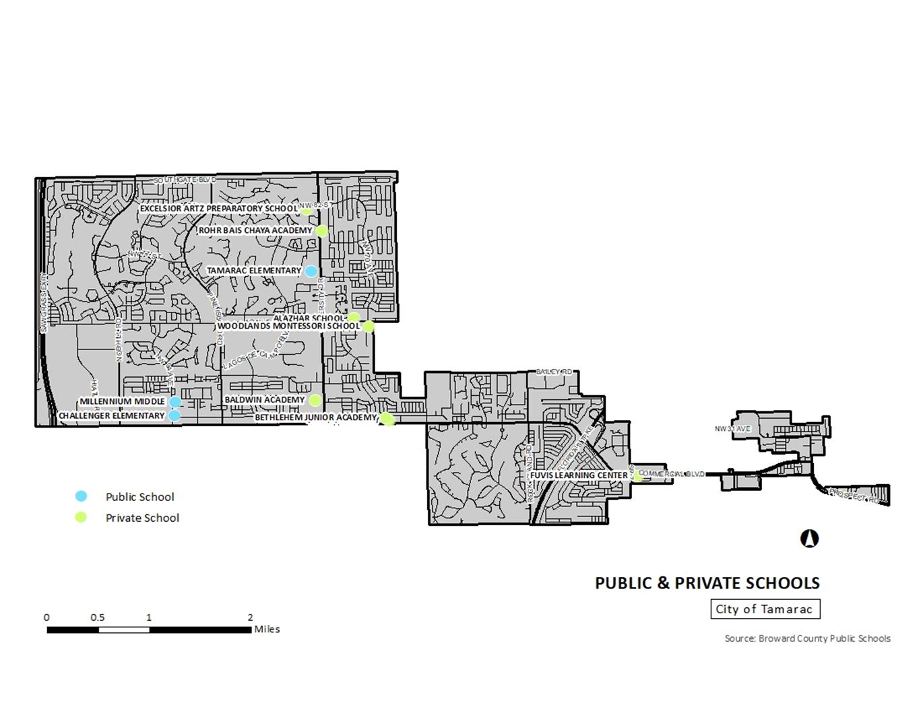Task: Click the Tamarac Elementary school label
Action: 254,271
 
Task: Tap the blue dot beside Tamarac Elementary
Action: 311,271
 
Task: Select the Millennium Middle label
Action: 122,401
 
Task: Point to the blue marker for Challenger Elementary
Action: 174,415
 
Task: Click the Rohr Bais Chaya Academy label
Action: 255,230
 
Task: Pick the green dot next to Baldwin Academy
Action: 315,400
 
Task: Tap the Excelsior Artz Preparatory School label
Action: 218,209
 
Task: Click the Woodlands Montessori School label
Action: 288,326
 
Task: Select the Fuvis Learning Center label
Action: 579,475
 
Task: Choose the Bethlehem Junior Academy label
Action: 315,417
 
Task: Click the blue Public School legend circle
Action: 81,496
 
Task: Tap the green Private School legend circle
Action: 81,517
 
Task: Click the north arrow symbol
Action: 809,539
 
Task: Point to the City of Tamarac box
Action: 765,609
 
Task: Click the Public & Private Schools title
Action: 707,583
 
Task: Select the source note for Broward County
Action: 807,638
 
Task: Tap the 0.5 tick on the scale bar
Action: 98,617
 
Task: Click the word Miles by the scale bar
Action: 267,630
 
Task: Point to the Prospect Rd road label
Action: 854,496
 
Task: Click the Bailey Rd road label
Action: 554,372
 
